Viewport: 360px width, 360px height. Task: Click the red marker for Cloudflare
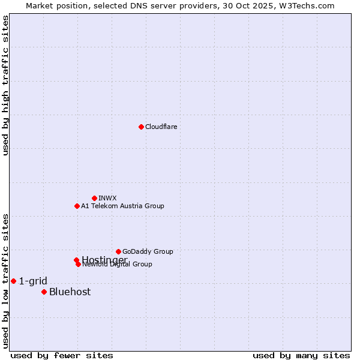[141, 127]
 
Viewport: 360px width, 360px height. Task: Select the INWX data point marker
[94, 198]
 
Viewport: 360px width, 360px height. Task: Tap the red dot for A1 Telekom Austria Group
[77, 206]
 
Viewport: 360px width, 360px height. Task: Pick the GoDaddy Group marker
[118, 251]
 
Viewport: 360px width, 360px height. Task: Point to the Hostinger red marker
[76, 260]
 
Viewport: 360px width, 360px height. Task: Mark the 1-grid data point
[13, 281]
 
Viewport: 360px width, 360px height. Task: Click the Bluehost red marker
[44, 292]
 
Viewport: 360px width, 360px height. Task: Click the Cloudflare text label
[161, 127]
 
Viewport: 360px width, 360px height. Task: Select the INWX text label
[107, 198]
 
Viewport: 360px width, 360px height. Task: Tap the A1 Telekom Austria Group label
[122, 206]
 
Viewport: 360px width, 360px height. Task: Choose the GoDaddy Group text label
[148, 251]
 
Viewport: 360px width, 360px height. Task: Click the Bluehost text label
[70, 292]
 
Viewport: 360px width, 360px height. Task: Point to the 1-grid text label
[33, 281]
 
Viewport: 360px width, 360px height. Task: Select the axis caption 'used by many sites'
[301, 355]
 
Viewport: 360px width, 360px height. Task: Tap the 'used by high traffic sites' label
[6, 85]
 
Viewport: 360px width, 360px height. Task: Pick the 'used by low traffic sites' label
[6, 280]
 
